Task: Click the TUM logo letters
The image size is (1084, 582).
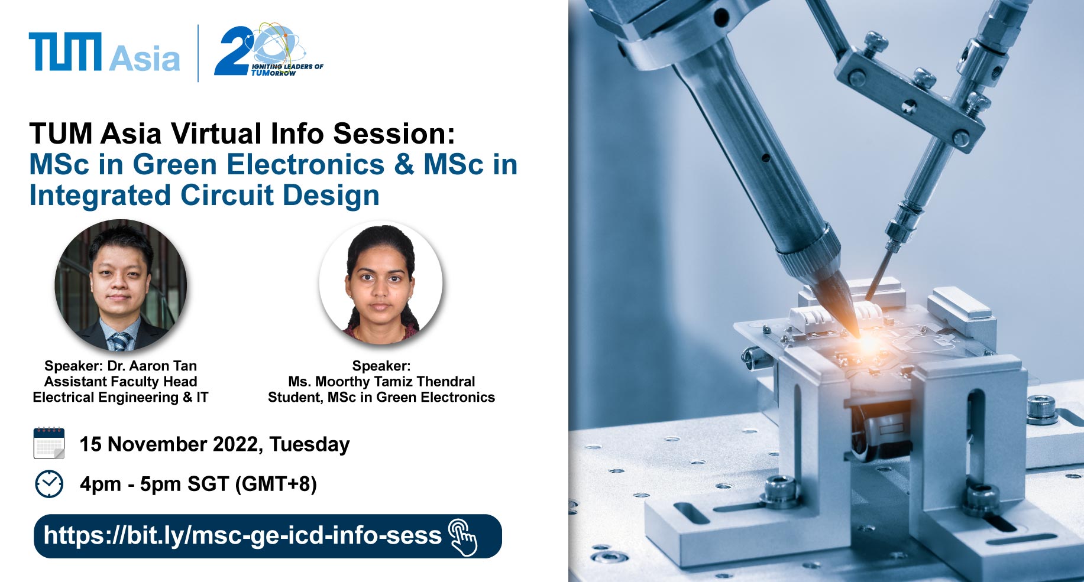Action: (65, 52)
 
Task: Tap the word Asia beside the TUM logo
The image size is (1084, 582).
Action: (144, 58)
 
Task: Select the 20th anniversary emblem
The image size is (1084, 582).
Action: (268, 50)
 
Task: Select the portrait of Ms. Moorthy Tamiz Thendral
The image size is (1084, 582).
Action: (380, 283)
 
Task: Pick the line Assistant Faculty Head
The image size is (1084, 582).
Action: (121, 382)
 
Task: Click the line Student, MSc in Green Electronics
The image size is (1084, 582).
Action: (381, 397)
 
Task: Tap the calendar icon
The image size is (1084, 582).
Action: (49, 443)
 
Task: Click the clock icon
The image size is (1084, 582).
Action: (49, 484)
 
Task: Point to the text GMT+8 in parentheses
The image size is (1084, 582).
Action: (276, 484)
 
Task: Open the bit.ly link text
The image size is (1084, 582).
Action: (242, 535)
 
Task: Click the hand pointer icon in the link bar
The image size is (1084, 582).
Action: (463, 537)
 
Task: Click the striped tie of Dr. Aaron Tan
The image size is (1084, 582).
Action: (121, 342)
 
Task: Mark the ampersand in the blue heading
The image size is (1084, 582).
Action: (404, 164)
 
